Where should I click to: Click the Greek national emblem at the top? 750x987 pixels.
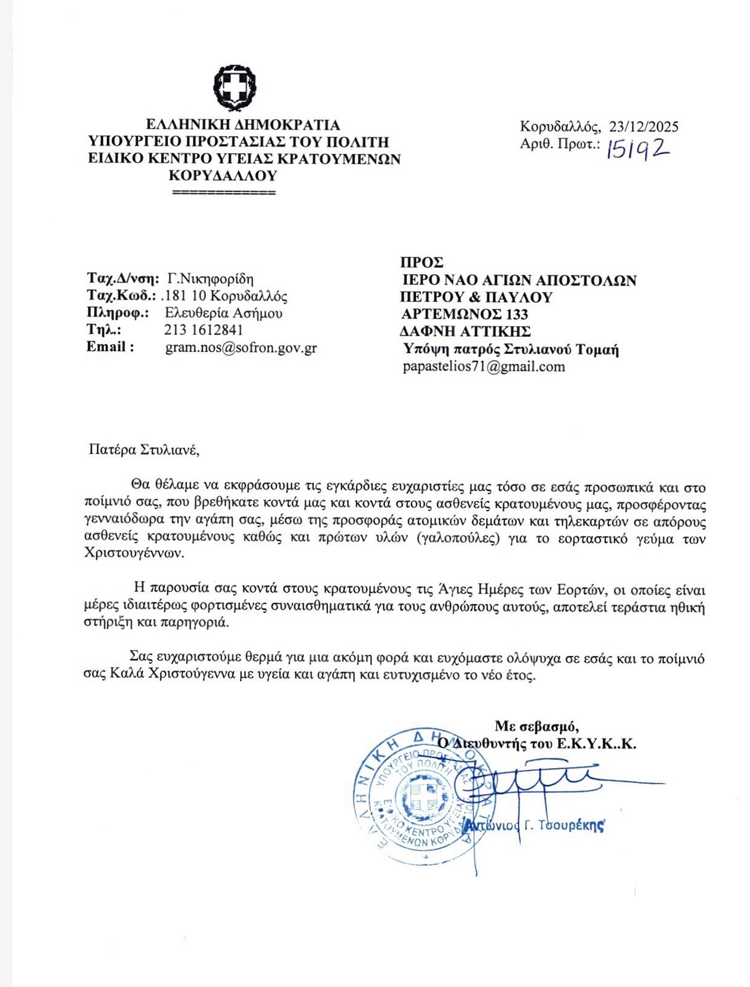coord(234,87)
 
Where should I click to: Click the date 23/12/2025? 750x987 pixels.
coord(644,127)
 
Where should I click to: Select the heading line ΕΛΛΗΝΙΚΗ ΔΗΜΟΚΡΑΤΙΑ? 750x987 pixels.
coord(243,125)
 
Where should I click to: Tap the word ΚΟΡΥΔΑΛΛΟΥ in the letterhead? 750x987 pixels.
coord(223,175)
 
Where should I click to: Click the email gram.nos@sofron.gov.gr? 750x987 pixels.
coord(241,348)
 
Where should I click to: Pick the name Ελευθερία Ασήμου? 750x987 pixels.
coord(224,313)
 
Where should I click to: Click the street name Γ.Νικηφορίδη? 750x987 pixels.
coord(210,279)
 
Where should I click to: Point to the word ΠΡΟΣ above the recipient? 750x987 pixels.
coord(422,263)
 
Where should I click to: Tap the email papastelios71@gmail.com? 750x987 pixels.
coord(484,367)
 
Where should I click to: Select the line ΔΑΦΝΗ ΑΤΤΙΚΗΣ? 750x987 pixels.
coord(465,332)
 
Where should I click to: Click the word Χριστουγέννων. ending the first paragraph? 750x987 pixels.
coord(134,554)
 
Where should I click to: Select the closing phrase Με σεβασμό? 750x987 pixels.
coord(536,726)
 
